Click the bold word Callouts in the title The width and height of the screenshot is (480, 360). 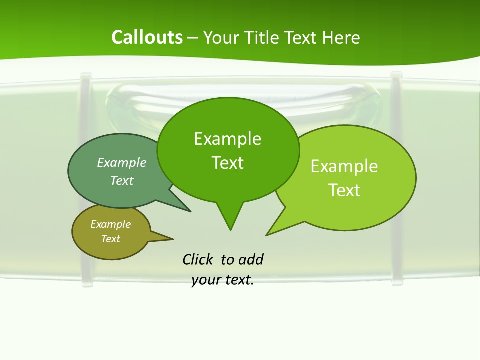point(147,38)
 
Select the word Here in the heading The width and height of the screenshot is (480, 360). point(341,38)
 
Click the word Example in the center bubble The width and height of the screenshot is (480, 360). point(227,139)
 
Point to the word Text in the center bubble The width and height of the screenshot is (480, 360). point(227,163)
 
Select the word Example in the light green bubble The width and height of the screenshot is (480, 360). point(344,166)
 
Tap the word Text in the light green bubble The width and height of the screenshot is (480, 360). point(344,190)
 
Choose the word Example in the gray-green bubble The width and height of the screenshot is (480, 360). point(122,163)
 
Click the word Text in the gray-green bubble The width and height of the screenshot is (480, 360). point(122,181)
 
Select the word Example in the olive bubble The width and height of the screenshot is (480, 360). point(110,225)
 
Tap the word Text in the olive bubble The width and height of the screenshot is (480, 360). point(110,239)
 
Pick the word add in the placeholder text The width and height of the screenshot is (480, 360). point(251,260)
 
